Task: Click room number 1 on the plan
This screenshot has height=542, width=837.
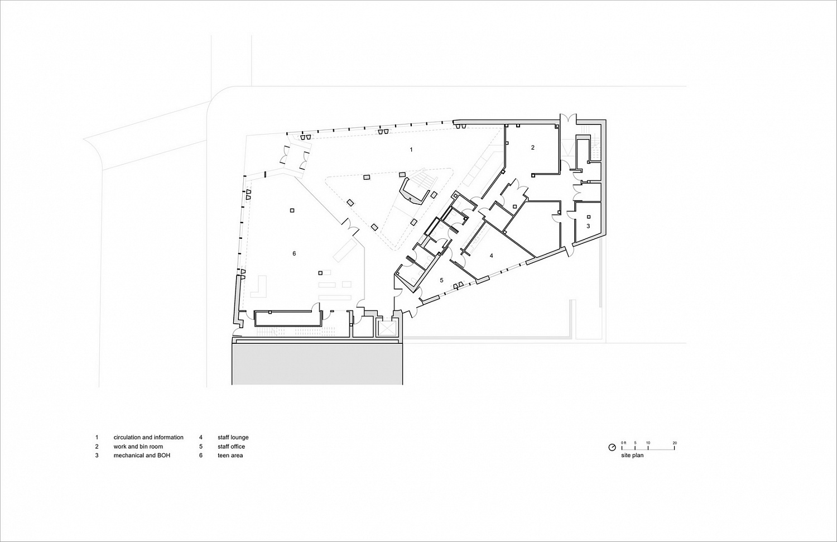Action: click(411, 150)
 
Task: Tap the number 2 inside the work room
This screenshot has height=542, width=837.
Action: click(533, 147)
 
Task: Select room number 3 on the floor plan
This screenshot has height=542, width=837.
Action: click(588, 226)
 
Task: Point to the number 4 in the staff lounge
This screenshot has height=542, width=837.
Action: click(492, 256)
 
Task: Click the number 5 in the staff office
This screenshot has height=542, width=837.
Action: click(441, 280)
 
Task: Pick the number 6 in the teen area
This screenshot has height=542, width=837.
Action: click(294, 253)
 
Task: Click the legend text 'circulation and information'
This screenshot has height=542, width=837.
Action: click(148, 437)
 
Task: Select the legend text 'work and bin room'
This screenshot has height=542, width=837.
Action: click(138, 447)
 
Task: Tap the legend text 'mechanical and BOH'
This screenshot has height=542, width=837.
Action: click(142, 455)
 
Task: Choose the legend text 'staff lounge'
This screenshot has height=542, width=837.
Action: click(233, 437)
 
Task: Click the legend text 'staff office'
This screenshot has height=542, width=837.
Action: click(232, 447)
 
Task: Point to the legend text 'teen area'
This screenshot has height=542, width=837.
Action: click(230, 455)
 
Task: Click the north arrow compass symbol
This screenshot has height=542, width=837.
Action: click(612, 448)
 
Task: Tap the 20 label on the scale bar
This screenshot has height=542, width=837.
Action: click(675, 443)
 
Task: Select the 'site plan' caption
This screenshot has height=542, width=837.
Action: click(632, 455)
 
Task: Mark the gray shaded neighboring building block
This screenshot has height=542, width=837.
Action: click(318, 364)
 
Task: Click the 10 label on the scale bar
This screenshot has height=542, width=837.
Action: click(648, 443)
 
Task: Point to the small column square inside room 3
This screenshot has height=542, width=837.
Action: click(589, 217)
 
